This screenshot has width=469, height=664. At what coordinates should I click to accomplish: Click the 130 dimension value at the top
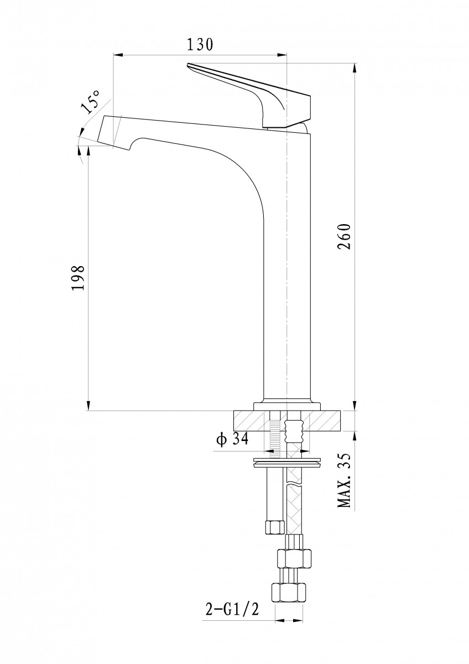(200, 44)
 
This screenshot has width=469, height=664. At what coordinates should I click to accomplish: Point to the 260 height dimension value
(344, 237)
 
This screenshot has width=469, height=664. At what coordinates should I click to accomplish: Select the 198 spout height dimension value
(79, 278)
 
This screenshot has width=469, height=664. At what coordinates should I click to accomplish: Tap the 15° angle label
(91, 102)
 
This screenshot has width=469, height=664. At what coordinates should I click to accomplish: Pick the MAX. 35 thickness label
(344, 483)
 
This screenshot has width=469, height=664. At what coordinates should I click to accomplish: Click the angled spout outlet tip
(109, 132)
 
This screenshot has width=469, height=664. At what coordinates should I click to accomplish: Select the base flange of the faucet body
(287, 406)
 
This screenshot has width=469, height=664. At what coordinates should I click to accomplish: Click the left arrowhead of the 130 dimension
(118, 55)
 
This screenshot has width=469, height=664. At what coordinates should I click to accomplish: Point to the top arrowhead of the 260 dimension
(355, 68)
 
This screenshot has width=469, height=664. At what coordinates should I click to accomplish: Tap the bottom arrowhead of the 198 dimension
(88, 406)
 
